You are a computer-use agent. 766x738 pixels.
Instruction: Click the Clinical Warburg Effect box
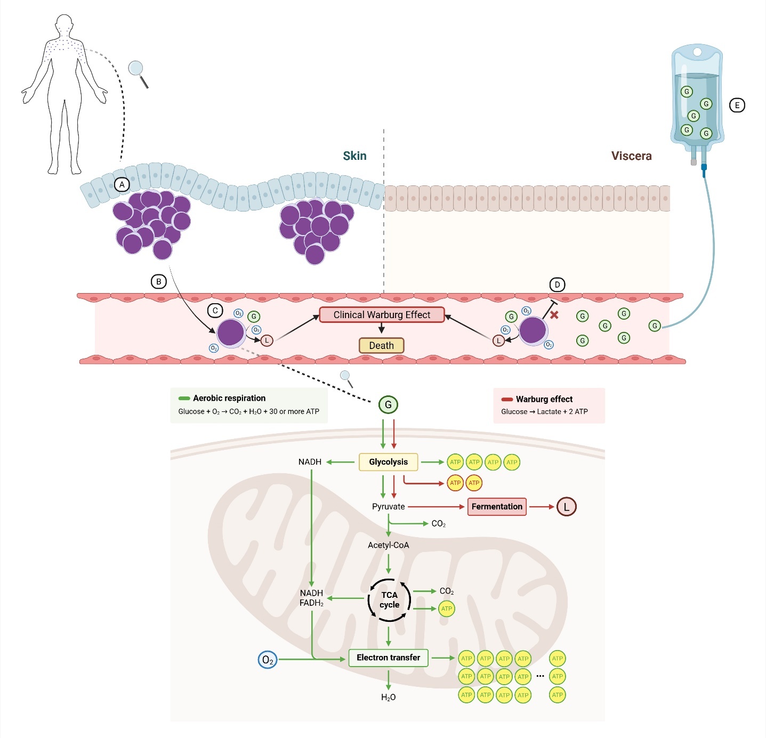pos(382,315)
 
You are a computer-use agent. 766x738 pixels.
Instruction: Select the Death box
pos(382,346)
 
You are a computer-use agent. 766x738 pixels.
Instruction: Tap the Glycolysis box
pos(388,462)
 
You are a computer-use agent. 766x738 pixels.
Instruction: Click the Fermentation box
pos(497,507)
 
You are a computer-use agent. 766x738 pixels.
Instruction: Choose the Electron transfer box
pos(388,658)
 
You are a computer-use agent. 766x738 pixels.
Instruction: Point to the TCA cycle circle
pos(390,600)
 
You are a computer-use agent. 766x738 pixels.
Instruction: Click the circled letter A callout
pos(122,185)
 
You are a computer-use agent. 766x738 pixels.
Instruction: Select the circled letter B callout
pos(159,282)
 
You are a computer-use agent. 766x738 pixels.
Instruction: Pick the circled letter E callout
pos(737,106)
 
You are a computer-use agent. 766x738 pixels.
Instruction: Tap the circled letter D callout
pos(557,285)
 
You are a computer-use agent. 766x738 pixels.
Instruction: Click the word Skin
pos(354,156)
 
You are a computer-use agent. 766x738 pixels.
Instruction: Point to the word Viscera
pos(631,156)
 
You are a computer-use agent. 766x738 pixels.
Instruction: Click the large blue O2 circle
pos(268,660)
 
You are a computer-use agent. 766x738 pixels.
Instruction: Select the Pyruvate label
pos(388,507)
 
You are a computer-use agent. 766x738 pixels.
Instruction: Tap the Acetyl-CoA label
pos(388,545)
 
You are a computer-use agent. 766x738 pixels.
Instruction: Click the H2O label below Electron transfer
pos(388,698)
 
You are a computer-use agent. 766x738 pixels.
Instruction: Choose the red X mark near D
pos(554,315)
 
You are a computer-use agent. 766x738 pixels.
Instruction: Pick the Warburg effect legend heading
pos(544,399)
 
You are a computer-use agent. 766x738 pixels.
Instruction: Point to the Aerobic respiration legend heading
pos(229,398)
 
